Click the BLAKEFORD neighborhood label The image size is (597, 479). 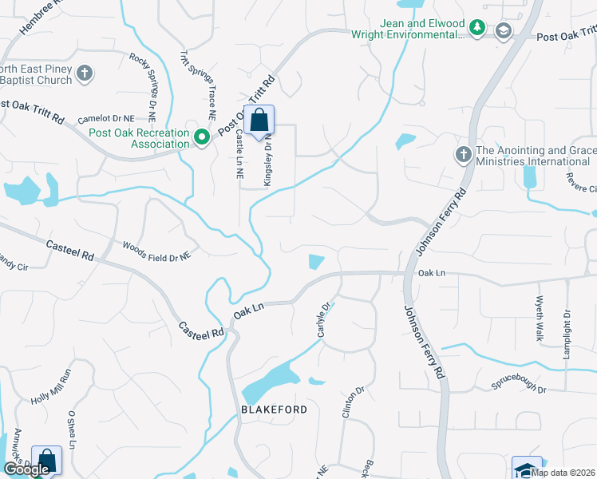tap(274, 409)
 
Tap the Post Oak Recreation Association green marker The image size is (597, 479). tap(203, 138)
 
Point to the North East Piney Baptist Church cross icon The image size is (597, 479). tap(85, 74)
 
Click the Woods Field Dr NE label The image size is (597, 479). tap(156, 251)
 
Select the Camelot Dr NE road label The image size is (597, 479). tap(106, 119)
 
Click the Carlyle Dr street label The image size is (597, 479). tap(324, 319)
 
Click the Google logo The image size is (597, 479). tap(26, 469)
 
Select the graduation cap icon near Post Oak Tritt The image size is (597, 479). tap(503, 30)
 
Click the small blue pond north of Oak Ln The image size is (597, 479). tap(316, 262)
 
